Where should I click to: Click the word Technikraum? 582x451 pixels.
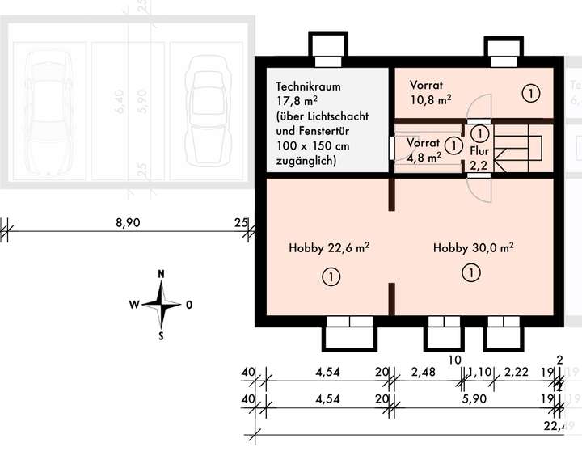click(307, 86)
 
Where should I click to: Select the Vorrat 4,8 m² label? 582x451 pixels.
click(423, 150)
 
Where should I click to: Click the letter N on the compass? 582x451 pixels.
click(162, 275)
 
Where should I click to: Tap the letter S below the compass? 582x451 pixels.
click(162, 335)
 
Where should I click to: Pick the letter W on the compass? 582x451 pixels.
click(133, 305)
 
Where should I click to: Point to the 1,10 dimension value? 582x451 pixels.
click(479, 373)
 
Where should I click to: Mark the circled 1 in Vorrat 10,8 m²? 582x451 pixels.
click(530, 94)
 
